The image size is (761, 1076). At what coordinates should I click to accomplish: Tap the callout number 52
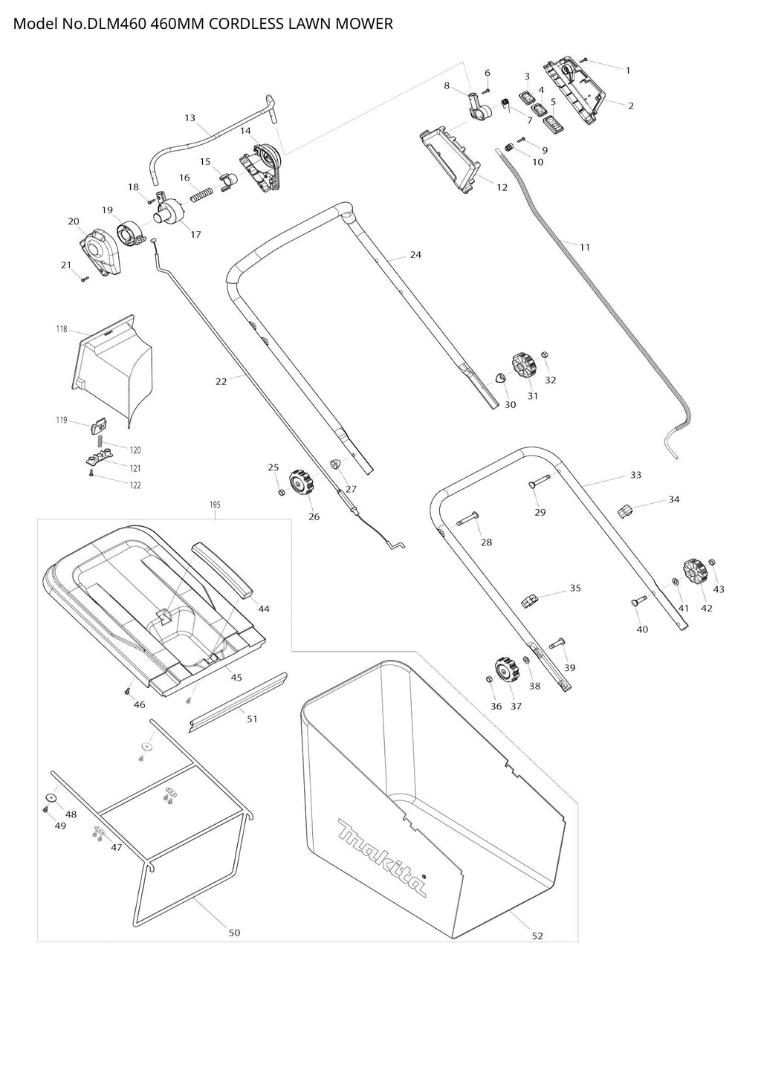coord(537,936)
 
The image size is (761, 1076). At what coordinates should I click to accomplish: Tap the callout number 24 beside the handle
coord(415,255)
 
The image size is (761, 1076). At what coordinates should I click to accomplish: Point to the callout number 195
coord(215,505)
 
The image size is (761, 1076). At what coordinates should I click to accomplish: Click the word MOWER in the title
coord(363,24)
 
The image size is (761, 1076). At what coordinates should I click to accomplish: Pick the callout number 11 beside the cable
coord(585,247)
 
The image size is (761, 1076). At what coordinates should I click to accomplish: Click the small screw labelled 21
coord(85,279)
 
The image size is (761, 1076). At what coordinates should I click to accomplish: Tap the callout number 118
coord(61,329)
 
